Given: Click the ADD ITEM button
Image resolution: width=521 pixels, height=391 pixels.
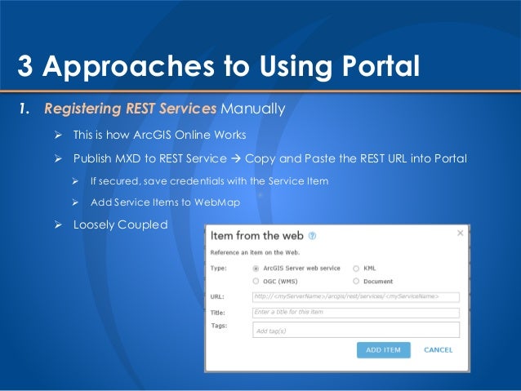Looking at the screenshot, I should [383, 349].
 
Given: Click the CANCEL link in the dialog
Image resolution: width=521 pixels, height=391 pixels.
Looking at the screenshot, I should [438, 349].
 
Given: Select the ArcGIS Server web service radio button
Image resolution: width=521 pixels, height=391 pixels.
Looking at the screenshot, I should [256, 268].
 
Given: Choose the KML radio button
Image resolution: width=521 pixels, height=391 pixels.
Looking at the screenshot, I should [355, 268].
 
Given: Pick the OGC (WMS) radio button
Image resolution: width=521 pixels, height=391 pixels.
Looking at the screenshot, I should [256, 281].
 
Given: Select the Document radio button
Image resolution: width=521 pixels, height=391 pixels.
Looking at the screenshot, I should [355, 281].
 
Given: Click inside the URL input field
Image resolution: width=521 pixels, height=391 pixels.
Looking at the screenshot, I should [355, 296].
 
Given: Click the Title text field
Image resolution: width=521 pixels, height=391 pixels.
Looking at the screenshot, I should [355, 312].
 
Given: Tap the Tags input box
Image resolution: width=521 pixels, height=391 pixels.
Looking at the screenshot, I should [355, 329].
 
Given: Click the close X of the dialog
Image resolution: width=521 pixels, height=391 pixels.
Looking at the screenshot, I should [460, 233].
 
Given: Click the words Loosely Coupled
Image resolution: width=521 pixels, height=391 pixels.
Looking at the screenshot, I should [120, 224].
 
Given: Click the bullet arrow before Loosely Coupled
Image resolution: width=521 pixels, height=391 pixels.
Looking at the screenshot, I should [58, 224].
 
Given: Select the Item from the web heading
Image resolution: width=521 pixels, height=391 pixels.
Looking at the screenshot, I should [257, 235].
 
